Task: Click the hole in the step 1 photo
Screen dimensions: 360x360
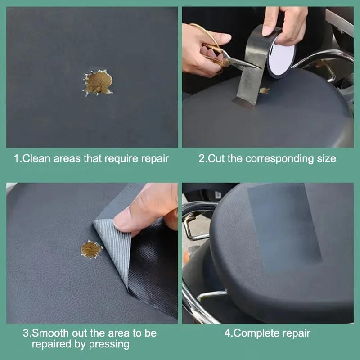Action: coord(98,82)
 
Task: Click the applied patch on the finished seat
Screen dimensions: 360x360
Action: coord(283,225)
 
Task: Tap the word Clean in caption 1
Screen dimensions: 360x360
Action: coord(34,158)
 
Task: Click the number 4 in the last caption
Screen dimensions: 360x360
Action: coord(227,333)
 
